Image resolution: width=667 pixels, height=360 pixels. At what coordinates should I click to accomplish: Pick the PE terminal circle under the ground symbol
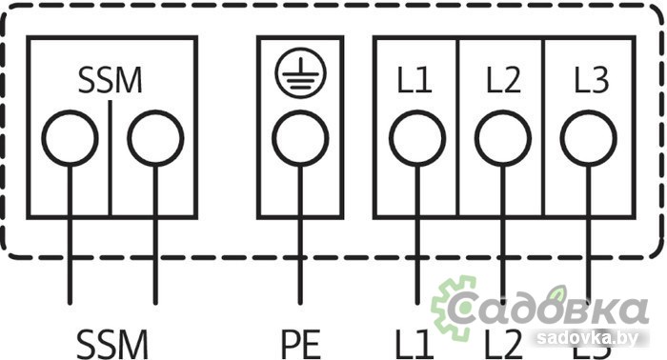tap(299, 141)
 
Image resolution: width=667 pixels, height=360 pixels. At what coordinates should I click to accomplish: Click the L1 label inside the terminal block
tap(415, 81)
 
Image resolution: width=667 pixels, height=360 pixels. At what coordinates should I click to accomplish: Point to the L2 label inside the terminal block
tap(502, 81)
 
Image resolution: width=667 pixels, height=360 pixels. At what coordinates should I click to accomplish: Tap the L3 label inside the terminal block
tap(589, 81)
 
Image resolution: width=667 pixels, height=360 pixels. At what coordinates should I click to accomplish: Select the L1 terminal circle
tap(416, 140)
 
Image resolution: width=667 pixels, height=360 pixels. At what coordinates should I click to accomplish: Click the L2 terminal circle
tap(503, 140)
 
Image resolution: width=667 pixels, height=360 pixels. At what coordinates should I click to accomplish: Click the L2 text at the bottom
tap(503, 341)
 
